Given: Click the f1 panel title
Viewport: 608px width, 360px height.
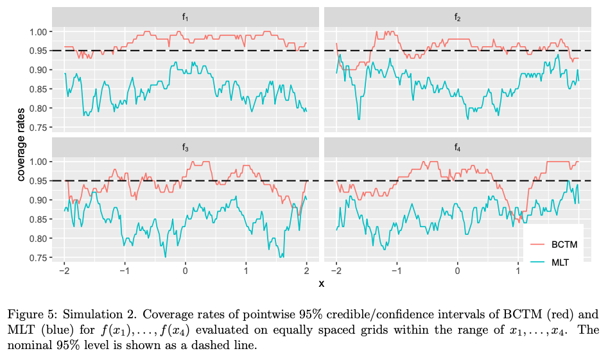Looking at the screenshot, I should [186, 17].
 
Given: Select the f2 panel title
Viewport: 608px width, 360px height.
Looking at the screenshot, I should [457, 17].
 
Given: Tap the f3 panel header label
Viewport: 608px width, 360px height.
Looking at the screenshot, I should [186, 148].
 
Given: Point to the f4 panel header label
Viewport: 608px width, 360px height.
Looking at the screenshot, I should [457, 148].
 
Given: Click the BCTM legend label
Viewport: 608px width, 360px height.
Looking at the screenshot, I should [564, 244].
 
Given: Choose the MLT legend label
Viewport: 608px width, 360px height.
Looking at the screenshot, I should [560, 262].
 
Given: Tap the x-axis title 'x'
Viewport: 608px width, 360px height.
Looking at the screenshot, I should [321, 283].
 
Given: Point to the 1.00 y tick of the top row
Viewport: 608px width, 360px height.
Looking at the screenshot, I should [38, 31].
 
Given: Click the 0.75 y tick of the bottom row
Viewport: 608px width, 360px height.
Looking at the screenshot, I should [38, 258].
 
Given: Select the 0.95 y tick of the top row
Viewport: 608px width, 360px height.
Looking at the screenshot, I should [38, 51].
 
